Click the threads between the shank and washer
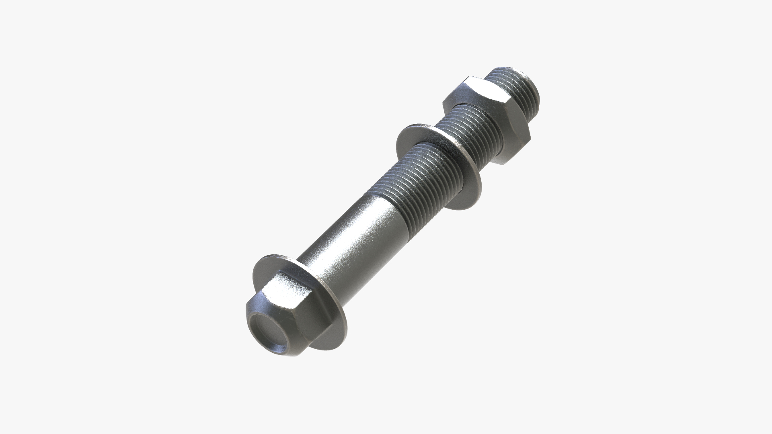[418, 177]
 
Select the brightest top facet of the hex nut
[482, 86]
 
